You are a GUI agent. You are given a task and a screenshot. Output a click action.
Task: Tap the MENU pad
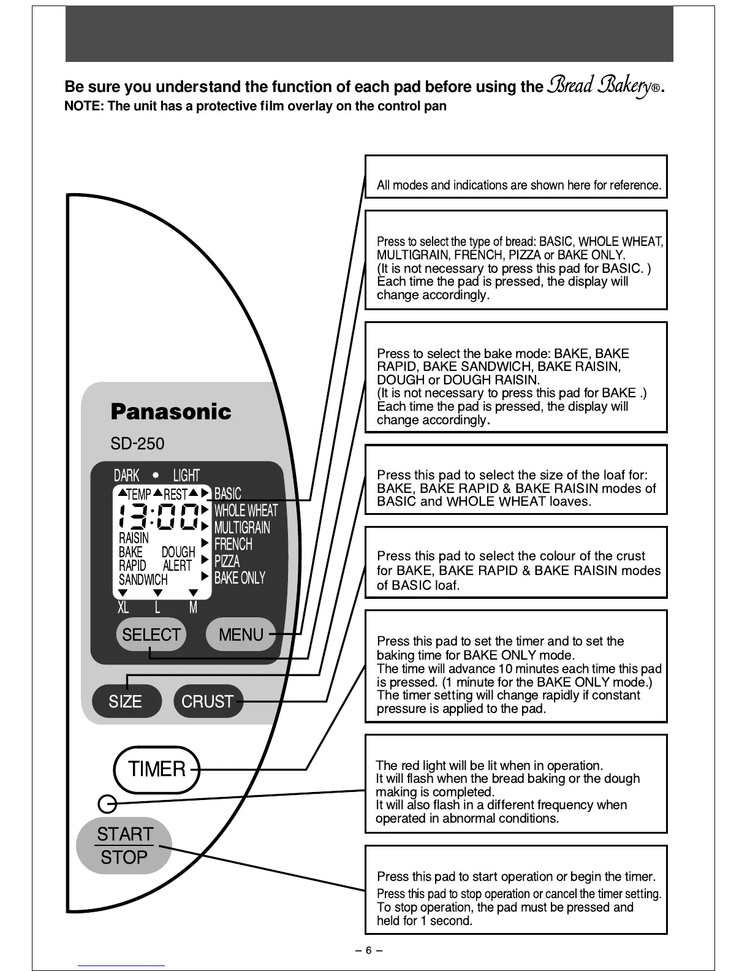pos(241,634)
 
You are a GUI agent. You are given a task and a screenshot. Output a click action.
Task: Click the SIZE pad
pos(126,701)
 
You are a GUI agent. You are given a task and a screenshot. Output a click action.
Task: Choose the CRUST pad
pos(208,701)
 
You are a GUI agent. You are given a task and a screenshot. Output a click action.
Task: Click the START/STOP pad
pos(124,845)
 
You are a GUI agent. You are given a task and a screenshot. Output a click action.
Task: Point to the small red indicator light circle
pos(107,802)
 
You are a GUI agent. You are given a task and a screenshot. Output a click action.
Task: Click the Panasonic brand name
pos(171,411)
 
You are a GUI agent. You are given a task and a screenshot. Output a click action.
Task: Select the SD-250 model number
pos(137,444)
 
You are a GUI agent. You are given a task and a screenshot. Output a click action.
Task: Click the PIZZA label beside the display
pos(227,561)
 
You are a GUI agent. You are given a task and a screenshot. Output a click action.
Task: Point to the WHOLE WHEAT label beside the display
pos(246,511)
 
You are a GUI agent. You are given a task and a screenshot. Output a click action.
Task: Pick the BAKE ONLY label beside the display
pos(240,578)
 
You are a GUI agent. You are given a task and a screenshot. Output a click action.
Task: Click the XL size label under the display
pos(123,607)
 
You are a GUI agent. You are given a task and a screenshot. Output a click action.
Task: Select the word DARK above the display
pos(126,476)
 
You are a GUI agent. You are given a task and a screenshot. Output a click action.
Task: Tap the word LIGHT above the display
pos(186,476)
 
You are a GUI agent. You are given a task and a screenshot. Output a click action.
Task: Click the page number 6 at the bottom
pos(369,951)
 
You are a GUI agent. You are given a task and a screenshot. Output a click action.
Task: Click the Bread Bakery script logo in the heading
pos(603,86)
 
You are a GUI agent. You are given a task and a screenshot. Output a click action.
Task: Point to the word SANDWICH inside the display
pos(143,579)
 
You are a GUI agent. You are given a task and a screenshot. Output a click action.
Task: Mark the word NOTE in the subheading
pos(83,106)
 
